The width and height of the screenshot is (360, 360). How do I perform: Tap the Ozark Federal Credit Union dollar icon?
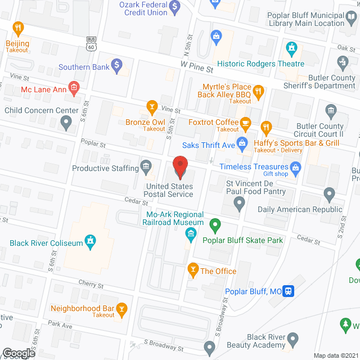pos(175,7)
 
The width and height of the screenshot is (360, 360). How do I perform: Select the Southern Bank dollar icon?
pos(116,66)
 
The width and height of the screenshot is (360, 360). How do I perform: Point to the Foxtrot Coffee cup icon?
pos(245,123)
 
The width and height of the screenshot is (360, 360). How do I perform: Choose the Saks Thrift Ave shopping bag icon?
pos(242,142)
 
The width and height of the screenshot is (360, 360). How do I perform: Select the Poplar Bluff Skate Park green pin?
pos(214,226)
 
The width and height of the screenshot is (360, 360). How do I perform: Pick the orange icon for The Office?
pos(193,270)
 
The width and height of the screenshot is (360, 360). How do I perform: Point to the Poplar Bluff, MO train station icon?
pos(289,291)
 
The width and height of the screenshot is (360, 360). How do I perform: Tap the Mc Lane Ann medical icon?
pos(75,88)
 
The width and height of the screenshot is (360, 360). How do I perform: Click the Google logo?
pos(18,353)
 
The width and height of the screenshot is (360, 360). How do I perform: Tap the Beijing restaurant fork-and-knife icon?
pos(19,28)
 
